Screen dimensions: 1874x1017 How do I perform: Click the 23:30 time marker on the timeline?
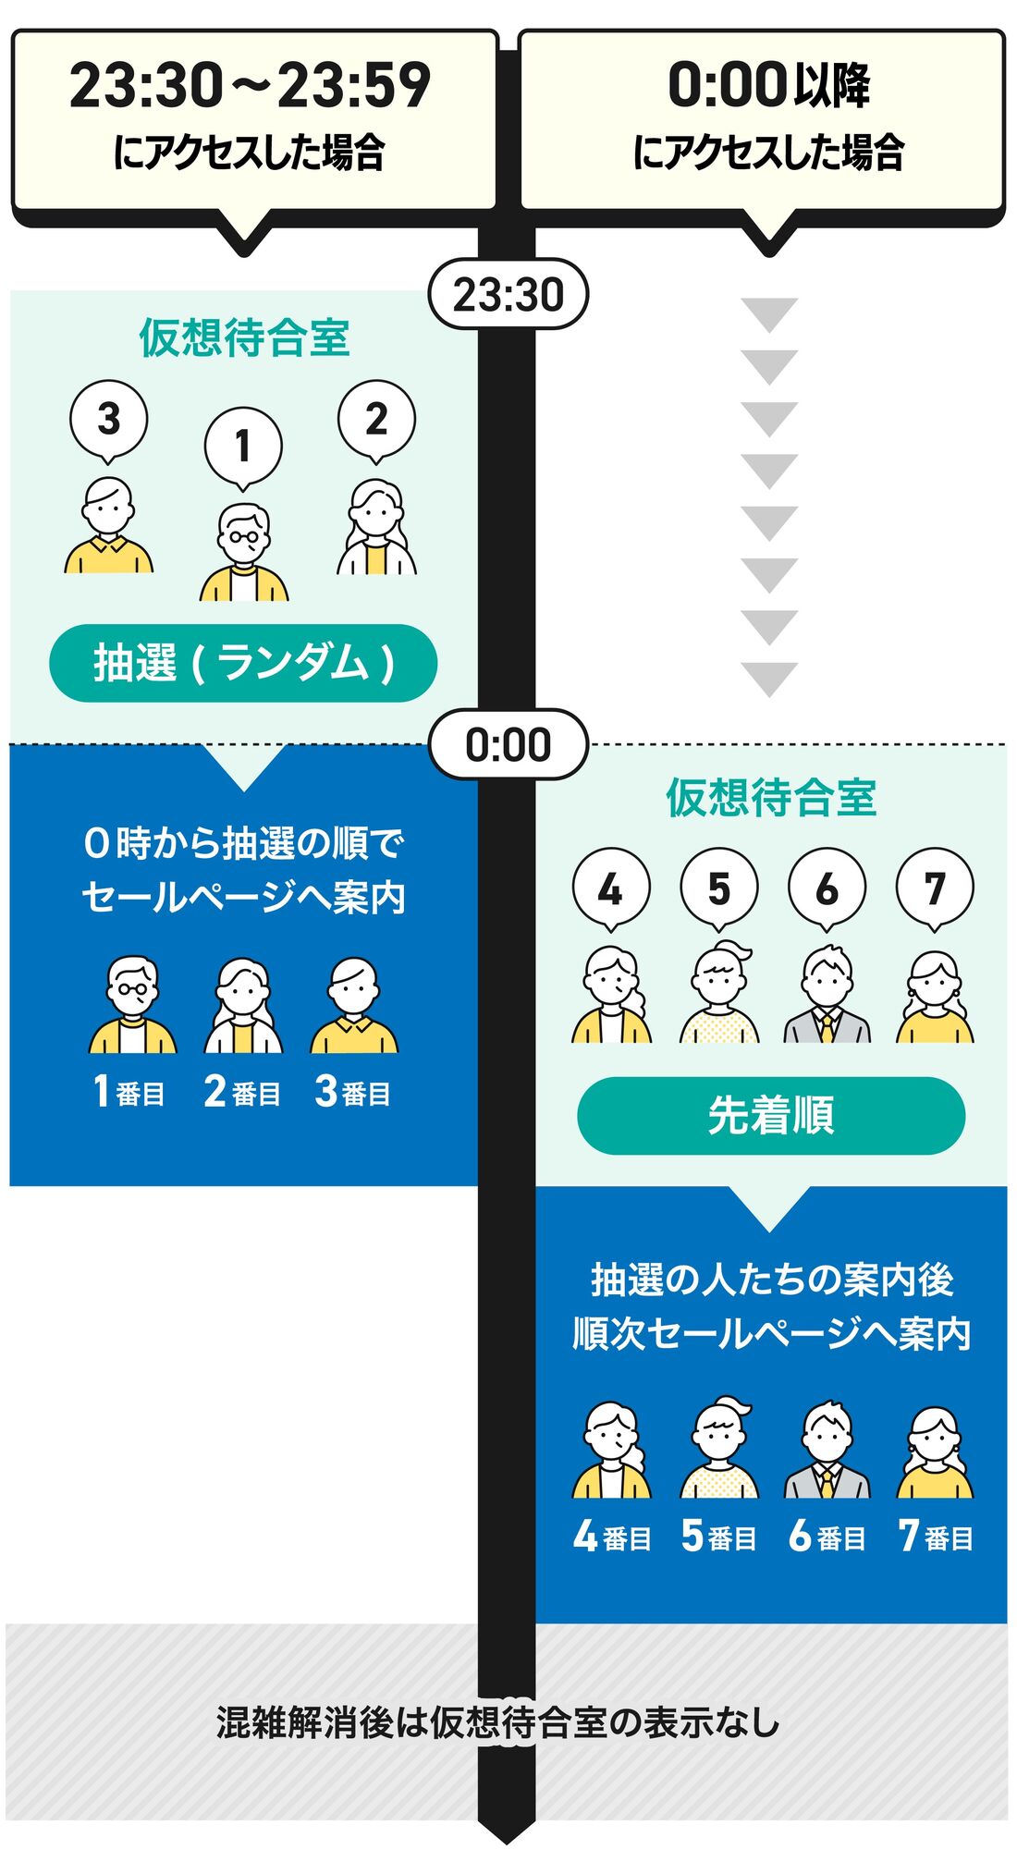pos(508,295)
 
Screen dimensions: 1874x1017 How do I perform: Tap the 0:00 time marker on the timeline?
pos(508,744)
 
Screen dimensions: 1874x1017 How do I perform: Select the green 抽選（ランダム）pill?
pos(243,663)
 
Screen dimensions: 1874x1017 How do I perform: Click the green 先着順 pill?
pos(770,1115)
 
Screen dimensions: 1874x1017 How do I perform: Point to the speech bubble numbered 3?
pos(108,419)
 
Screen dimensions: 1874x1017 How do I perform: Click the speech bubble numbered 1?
pos(243,447)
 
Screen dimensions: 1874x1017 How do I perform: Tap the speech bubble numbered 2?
pos(376,419)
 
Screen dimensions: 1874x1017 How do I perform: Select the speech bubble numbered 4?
pos(611,888)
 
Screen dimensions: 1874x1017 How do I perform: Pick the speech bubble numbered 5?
pos(718,888)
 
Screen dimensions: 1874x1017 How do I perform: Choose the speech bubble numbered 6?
pos(827,888)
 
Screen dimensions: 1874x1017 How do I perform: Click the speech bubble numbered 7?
pos(935,888)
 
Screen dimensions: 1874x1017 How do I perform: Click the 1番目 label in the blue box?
pos(129,1092)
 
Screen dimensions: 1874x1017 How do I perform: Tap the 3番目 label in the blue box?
pos(352,1092)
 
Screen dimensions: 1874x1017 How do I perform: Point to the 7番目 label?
pos(935,1537)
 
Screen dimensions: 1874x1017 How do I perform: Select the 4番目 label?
pos(611,1537)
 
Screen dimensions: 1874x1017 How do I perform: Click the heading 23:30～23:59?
pos(250,86)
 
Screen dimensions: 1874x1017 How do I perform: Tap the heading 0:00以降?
pos(768,86)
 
